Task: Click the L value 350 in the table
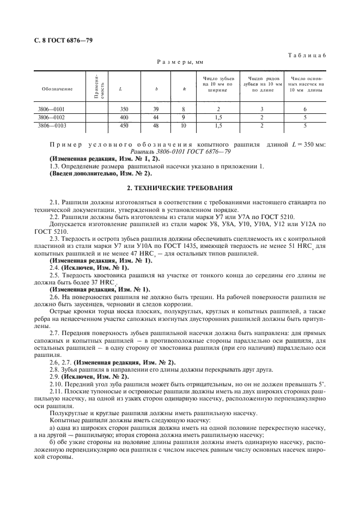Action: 124,109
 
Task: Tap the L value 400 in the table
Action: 124,117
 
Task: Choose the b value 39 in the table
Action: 156,109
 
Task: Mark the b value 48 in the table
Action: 156,125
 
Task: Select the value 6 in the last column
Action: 305,109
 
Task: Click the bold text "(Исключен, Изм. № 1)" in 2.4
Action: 96,268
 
